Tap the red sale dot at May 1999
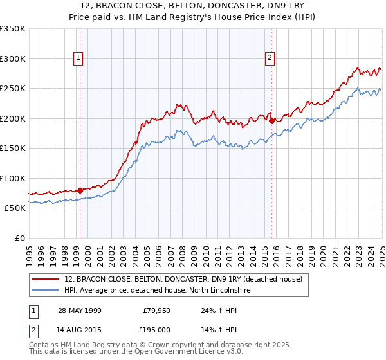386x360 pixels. click(x=80, y=190)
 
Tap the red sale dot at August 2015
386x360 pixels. click(x=271, y=121)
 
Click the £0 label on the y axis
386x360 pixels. click(x=19, y=238)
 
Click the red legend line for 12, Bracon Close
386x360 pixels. click(x=46, y=279)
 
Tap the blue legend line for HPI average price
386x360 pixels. click(x=46, y=291)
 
